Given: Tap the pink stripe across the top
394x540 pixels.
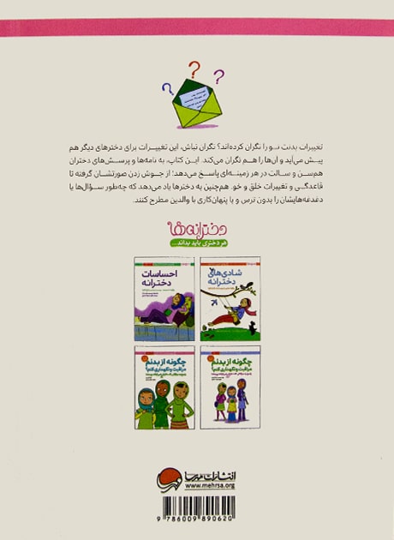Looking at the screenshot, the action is pyautogui.click(x=197, y=28).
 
